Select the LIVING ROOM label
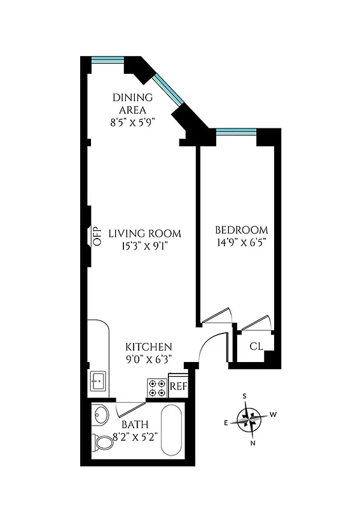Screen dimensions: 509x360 144,233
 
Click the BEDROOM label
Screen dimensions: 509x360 241,230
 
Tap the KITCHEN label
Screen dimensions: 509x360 148,347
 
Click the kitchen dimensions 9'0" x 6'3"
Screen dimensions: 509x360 148,359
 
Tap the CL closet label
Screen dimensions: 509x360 256,347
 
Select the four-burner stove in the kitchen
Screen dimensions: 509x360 157,388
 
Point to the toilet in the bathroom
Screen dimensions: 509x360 102,440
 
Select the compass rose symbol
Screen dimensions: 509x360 247,419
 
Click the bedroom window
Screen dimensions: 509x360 236,132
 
